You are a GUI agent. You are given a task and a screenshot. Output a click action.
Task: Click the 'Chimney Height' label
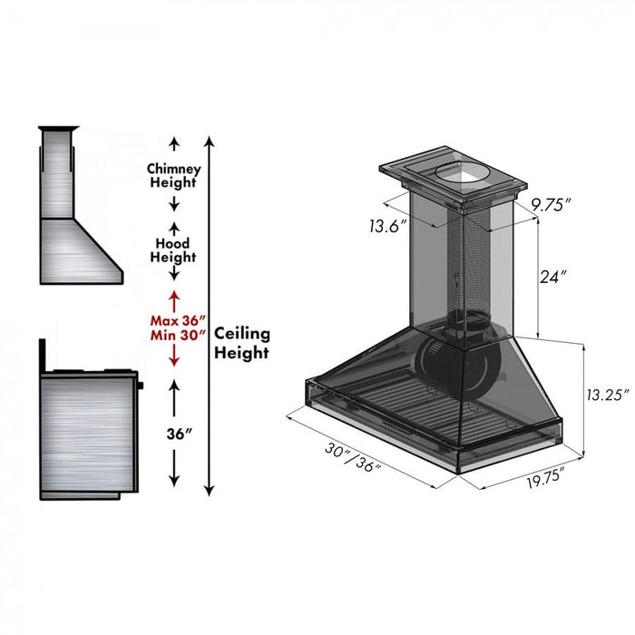click(174, 175)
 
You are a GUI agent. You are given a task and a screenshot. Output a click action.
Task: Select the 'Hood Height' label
click(172, 250)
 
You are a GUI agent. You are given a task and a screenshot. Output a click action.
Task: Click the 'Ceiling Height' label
click(242, 345)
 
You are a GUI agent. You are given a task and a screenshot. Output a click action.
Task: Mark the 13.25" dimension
click(605, 395)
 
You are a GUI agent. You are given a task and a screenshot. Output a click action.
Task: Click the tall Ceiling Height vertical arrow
click(210, 313)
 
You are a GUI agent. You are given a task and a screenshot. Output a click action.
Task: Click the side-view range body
click(86, 435)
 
